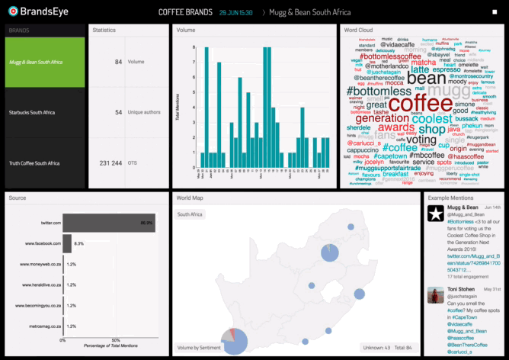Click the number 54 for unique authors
(118, 112)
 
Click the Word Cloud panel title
(357, 30)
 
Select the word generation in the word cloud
(382, 118)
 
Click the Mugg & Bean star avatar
(436, 215)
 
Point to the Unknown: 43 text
(376, 347)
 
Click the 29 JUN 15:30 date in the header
(235, 13)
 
